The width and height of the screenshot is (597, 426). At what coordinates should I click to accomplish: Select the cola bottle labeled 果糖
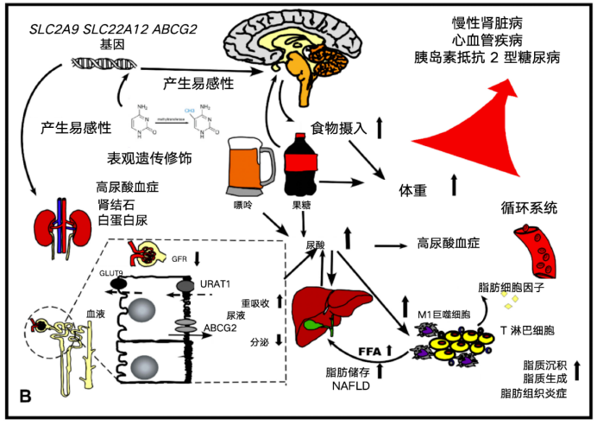302,167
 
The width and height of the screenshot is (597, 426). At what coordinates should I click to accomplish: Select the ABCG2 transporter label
221,328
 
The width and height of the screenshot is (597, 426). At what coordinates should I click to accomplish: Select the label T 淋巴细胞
527,330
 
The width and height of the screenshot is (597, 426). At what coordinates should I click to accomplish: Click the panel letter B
25,397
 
